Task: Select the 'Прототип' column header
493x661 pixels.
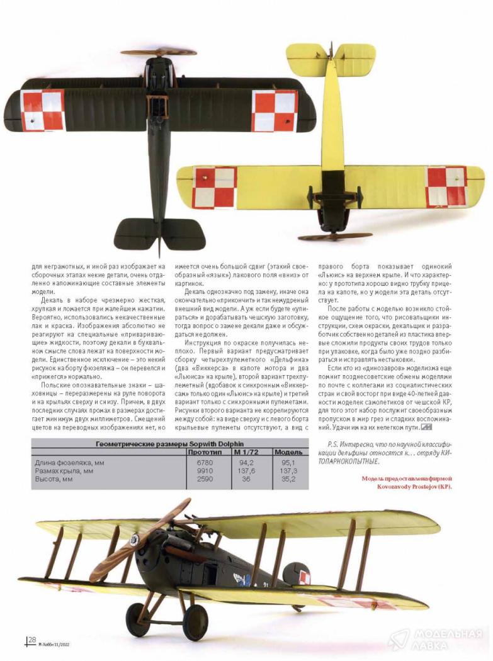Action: point(205,452)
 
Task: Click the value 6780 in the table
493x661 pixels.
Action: point(205,463)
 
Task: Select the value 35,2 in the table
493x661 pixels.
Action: point(289,479)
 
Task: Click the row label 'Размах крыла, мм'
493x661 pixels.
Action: point(65,471)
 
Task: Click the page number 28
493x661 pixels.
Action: point(31,640)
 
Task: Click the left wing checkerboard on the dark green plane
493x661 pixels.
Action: point(43,110)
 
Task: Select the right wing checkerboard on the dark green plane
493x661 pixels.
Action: point(275,110)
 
